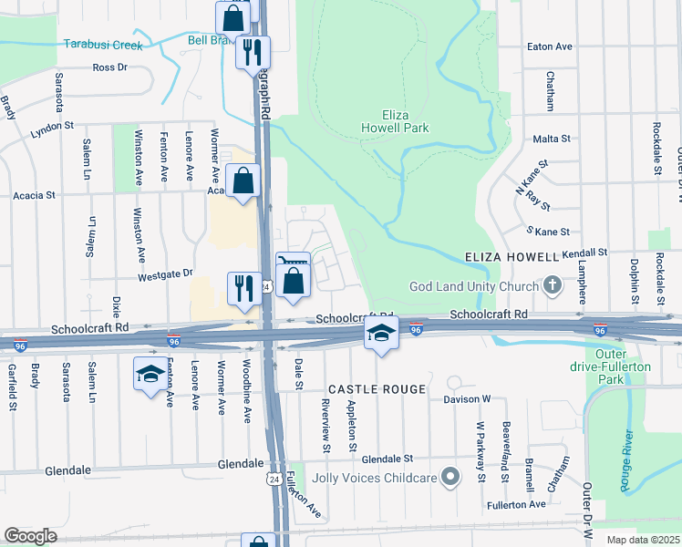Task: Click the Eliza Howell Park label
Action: point(394,121)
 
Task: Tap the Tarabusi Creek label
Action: point(102,44)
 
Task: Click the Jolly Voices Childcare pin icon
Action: point(449,477)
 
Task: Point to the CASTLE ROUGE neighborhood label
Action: point(377,389)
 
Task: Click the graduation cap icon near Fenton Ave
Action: point(150,374)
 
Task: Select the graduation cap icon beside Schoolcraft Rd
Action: point(381,333)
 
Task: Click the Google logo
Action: point(30,536)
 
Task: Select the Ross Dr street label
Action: point(109,67)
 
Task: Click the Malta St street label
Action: point(552,139)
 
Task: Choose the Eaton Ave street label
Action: point(550,46)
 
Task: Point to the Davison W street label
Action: point(468,398)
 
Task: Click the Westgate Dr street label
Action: point(166,273)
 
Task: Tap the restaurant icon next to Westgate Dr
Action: point(243,288)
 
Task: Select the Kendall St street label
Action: point(584,252)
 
